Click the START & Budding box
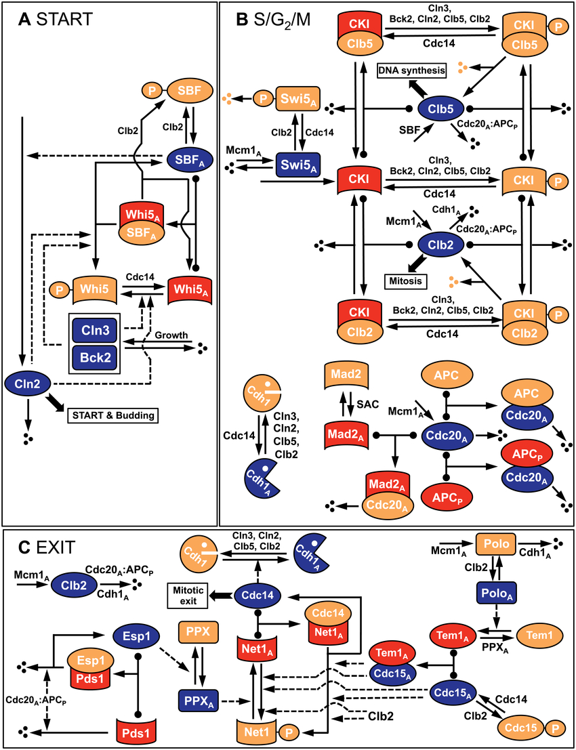(112, 414)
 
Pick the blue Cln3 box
(95, 330)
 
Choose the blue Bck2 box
(95, 356)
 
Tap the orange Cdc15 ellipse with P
(520, 728)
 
